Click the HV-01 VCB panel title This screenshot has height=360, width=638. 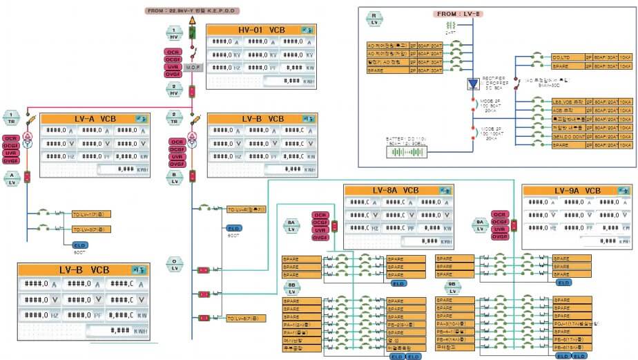(253, 30)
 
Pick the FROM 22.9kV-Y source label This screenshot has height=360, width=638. (191, 11)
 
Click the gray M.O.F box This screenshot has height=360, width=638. (193, 68)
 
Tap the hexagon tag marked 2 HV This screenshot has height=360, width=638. (175, 89)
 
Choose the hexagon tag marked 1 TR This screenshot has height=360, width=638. (12, 117)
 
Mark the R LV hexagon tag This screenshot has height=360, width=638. (374, 19)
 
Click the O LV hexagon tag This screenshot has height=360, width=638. (175, 265)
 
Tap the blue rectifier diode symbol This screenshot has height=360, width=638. (474, 84)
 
